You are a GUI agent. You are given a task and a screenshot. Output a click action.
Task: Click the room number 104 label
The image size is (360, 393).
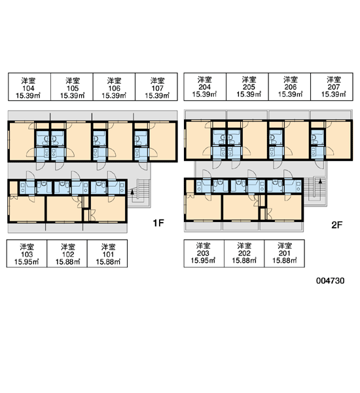click(28, 88)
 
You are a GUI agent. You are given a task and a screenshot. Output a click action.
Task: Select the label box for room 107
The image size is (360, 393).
click(156, 86)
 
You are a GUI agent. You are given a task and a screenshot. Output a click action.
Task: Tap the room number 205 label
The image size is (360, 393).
click(249, 87)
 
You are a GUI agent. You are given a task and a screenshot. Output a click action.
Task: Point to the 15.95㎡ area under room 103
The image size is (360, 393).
click(27, 262)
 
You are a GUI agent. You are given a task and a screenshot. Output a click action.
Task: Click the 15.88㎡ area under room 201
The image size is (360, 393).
click(285, 261)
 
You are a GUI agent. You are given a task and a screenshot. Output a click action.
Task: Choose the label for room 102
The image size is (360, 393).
click(67, 253)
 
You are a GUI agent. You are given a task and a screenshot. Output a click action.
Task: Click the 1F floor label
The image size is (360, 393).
click(158, 223)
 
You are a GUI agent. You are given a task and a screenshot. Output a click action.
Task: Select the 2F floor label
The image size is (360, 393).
click(336, 225)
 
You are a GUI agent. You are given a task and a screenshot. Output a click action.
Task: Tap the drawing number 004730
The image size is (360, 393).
click(330, 280)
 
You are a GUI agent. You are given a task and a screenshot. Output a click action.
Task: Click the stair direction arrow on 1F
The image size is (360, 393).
click(132, 192)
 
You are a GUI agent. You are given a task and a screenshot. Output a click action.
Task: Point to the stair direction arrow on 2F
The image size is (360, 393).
click(320, 181)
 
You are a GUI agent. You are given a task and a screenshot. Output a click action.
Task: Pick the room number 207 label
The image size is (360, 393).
click(334, 87)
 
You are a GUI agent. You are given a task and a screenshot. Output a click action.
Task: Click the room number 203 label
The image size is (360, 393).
click(203, 253)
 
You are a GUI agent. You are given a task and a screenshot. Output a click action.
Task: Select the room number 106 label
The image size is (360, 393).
click(114, 88)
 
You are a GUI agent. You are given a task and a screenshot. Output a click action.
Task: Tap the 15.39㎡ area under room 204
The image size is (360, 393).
click(204, 94)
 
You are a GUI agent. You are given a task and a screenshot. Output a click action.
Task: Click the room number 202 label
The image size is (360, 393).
click(244, 253)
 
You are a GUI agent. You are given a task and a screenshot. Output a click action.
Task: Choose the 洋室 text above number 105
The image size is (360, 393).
click(73, 81)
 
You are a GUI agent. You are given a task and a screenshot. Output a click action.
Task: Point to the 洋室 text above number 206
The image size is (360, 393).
click(291, 80)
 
